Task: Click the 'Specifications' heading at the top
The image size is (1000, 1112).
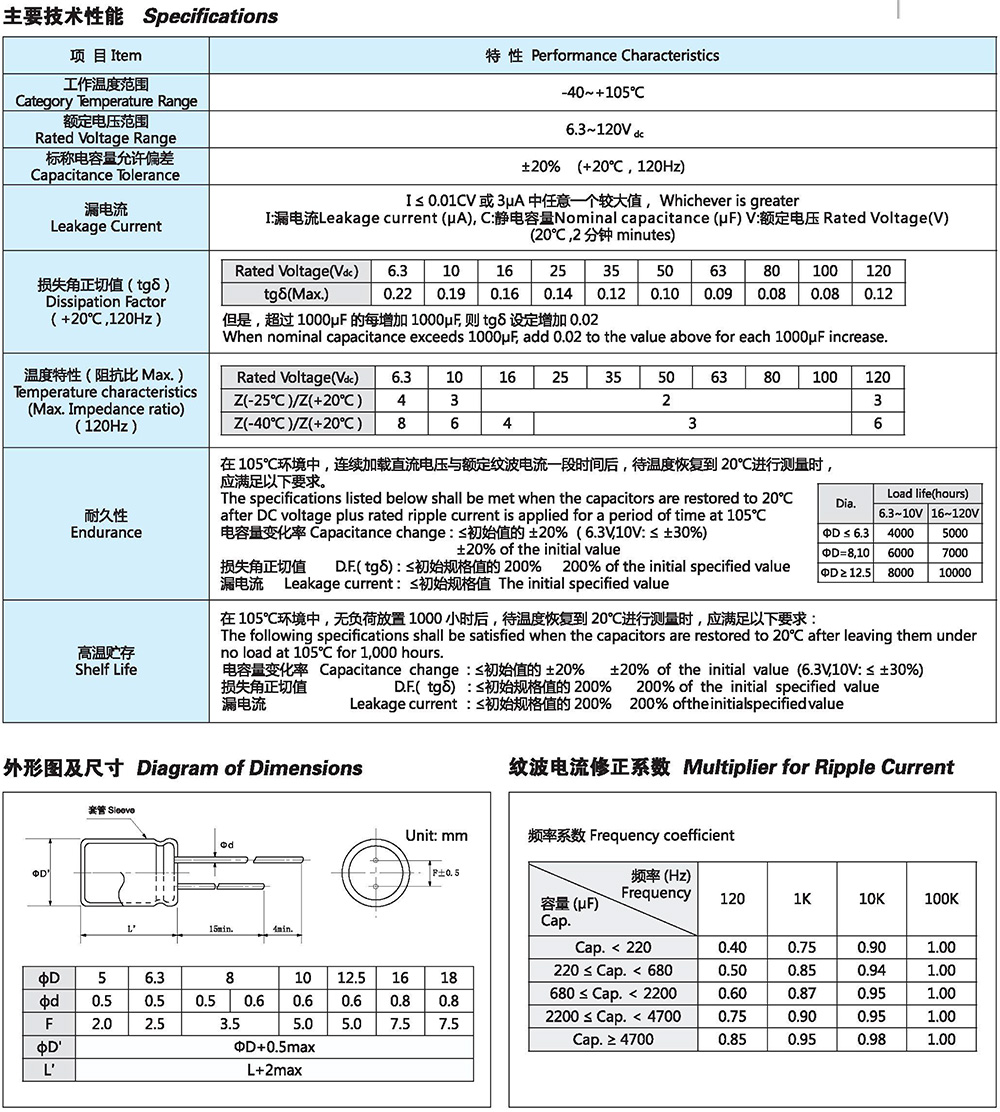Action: (210, 16)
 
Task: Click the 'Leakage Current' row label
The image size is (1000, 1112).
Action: (106, 218)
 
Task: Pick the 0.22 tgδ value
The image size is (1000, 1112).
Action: (398, 294)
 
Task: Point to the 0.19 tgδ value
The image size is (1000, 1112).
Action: (451, 294)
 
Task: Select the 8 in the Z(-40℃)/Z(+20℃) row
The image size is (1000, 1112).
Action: (401, 423)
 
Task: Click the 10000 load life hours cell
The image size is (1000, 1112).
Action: (954, 573)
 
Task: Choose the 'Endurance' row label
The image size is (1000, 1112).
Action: (106, 524)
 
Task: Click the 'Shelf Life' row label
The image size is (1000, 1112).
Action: (106, 661)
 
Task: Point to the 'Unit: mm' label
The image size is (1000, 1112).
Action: (436, 836)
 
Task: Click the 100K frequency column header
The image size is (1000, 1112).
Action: (940, 898)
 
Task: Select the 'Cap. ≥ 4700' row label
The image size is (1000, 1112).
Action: (614, 1039)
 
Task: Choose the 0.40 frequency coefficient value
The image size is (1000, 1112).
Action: (732, 947)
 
